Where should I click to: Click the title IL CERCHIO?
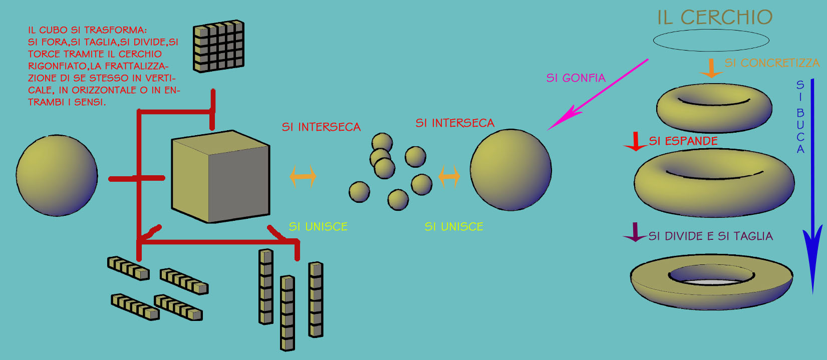[x=715, y=18]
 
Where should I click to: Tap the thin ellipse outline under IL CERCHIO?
[x=711, y=50]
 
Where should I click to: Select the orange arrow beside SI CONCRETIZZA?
[x=711, y=69]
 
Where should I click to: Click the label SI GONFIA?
[x=576, y=78]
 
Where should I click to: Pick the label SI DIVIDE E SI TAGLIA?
[x=710, y=236]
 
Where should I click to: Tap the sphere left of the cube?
[x=57, y=175]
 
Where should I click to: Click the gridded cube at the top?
[x=218, y=46]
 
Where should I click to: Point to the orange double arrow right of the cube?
[x=303, y=176]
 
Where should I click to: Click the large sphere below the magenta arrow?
[x=510, y=170]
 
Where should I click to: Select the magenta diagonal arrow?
[x=596, y=96]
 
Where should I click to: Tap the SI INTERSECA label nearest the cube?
[x=321, y=127]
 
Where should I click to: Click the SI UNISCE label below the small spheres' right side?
[x=454, y=227]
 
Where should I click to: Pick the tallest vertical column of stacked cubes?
[x=287, y=313]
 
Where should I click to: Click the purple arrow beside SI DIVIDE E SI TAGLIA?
[x=635, y=233]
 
